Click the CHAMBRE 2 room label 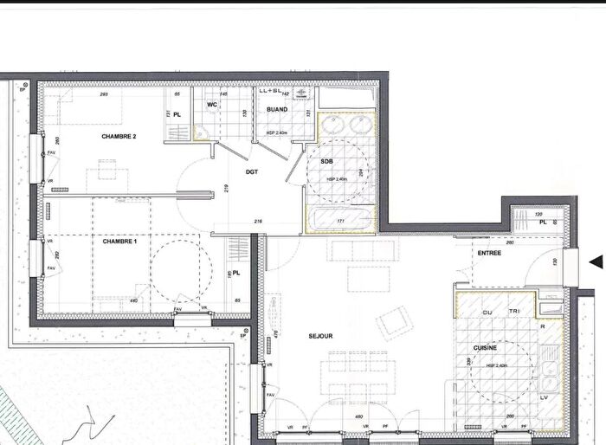119,137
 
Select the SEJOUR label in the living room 319,336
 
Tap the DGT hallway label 252,171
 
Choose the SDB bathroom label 327,162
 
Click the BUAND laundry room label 277,109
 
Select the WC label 212,106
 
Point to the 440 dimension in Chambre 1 134,300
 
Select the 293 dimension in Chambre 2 103,94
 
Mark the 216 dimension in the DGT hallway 257,222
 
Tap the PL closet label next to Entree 543,222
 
